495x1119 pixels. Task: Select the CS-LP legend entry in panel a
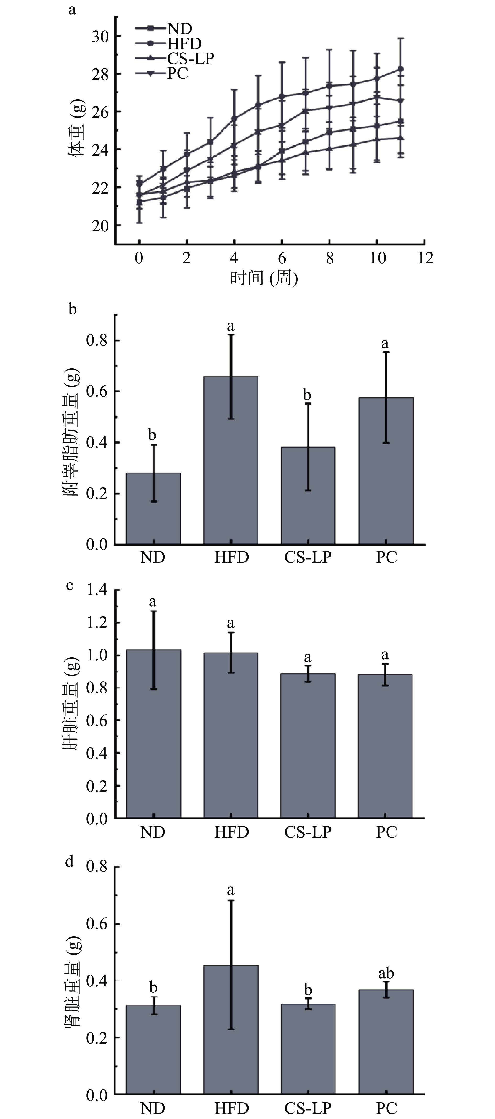190,58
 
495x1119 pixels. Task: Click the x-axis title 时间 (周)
263,278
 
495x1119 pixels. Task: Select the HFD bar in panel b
231,460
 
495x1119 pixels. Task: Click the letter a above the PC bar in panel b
385,344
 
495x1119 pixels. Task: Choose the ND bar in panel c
153,734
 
